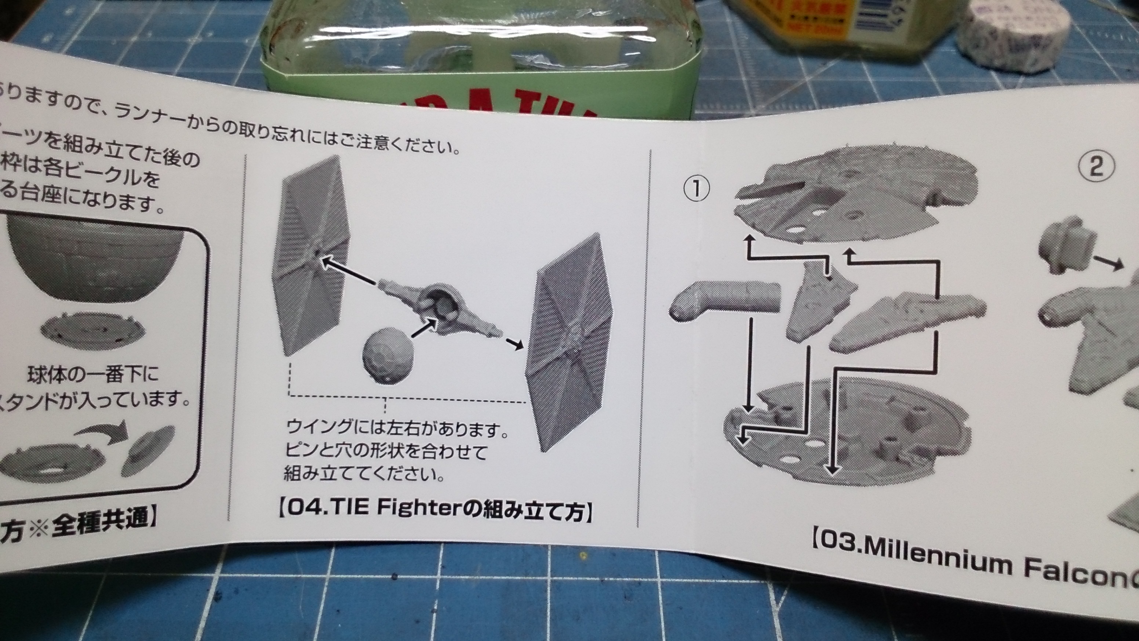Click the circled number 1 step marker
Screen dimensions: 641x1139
click(x=696, y=189)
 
